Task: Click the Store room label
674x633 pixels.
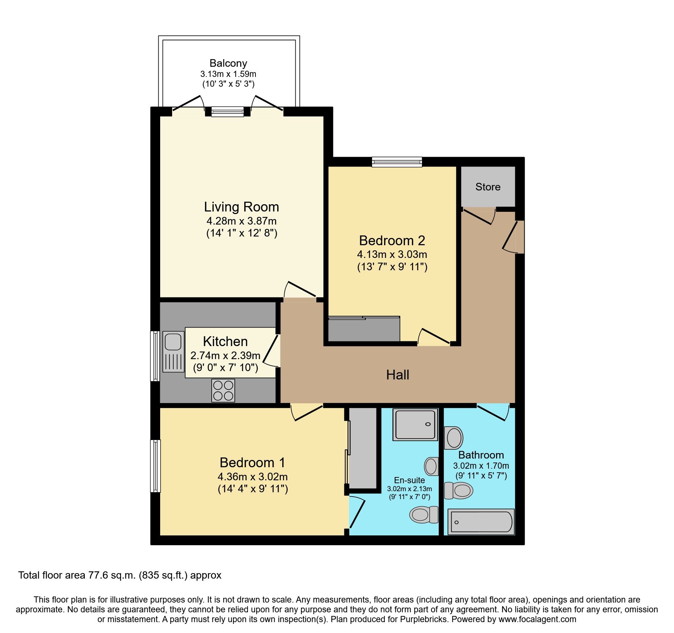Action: point(488,187)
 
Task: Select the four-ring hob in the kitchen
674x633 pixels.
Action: point(223,390)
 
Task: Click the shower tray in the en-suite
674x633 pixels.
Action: point(415,424)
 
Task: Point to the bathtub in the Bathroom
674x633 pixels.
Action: point(480,522)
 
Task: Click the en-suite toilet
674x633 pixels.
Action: point(423,514)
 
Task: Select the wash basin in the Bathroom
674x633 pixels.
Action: point(454,438)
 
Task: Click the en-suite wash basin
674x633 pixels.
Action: point(431,466)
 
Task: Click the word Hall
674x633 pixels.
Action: point(398,375)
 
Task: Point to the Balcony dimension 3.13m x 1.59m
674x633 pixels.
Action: point(228,74)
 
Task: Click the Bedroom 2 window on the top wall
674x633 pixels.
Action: point(397,162)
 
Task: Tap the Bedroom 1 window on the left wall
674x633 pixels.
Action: point(155,466)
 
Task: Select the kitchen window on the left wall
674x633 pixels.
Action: point(155,356)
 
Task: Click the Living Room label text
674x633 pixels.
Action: point(241,207)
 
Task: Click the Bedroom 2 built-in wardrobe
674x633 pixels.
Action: point(363,329)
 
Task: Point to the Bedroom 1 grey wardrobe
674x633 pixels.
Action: point(363,448)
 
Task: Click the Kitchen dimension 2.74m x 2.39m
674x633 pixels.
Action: point(225,355)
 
